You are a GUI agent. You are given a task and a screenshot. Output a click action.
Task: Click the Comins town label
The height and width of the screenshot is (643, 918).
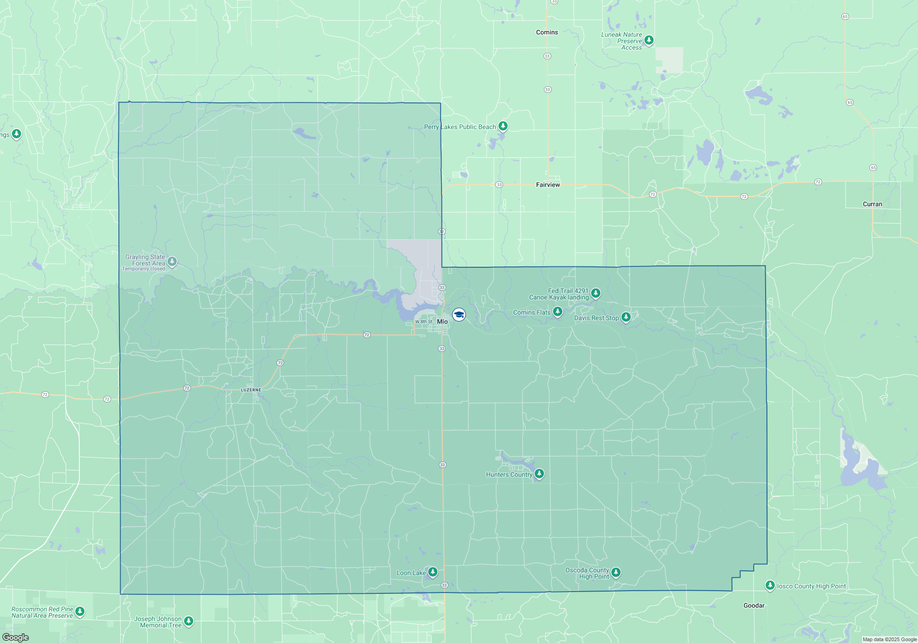point(547,32)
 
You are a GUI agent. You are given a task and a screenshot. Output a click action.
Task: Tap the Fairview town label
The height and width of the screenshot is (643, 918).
point(548,185)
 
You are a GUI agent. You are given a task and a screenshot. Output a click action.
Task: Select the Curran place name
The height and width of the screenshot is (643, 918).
point(872,204)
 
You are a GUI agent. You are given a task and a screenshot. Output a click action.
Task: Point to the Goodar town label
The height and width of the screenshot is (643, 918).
point(754,605)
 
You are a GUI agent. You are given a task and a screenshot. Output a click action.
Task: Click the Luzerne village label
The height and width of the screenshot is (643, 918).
point(251,390)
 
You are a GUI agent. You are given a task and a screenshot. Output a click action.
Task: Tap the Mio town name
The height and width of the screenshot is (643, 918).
point(442,321)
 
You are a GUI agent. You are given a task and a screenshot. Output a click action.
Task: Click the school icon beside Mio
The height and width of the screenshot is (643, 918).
point(459,315)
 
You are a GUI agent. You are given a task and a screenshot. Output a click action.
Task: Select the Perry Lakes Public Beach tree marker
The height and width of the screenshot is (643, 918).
point(503,126)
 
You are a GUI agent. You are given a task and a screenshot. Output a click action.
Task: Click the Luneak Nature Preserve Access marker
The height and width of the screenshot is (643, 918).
point(649,40)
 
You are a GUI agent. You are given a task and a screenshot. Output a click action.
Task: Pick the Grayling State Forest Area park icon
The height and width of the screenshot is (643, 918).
point(172,261)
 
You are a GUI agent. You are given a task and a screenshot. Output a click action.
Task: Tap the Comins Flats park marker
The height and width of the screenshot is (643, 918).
point(558,312)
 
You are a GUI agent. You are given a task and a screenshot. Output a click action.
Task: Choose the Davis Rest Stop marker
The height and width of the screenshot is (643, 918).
point(626,317)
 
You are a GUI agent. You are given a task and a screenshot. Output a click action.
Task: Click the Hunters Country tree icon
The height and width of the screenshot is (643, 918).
point(539,474)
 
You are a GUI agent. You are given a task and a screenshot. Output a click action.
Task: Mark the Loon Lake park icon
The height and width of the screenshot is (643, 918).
point(432,572)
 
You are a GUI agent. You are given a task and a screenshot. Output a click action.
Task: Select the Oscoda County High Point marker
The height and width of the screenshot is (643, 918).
point(616,572)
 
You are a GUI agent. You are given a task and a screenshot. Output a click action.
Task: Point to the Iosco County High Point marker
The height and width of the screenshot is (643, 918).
point(770,585)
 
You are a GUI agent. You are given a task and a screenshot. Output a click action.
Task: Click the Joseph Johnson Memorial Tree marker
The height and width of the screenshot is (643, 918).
point(188,621)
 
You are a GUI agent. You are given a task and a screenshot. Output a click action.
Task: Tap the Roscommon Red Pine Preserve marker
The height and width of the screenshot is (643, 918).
point(80,611)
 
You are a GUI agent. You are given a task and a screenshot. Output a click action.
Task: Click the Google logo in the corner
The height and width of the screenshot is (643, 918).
point(16,637)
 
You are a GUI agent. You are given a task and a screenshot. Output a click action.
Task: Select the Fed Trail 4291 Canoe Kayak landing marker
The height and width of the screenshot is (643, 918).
point(595,293)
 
